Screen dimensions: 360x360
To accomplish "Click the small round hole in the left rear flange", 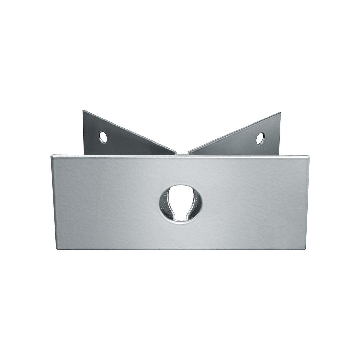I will pyautogui.click(x=103, y=137).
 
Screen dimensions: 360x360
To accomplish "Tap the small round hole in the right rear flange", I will pyautogui.click(x=260, y=138).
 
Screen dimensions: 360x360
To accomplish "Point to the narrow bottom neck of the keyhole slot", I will pyautogui.click(x=181, y=217).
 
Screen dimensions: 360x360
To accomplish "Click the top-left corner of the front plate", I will pyautogui.click(x=52, y=156).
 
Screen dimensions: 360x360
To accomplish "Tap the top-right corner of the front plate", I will pyautogui.click(x=308, y=157).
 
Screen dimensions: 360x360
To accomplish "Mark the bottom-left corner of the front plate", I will pyautogui.click(x=57, y=249).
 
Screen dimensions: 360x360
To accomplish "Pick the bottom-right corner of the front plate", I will pyautogui.click(x=304, y=249).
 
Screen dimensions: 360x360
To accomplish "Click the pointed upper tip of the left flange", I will pyautogui.click(x=84, y=111).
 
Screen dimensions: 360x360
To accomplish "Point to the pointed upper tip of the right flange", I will pyautogui.click(x=280, y=113).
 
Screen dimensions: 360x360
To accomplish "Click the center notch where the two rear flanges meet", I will pyautogui.click(x=182, y=154).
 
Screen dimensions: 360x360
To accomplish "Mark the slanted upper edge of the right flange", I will pyautogui.click(x=234, y=133).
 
